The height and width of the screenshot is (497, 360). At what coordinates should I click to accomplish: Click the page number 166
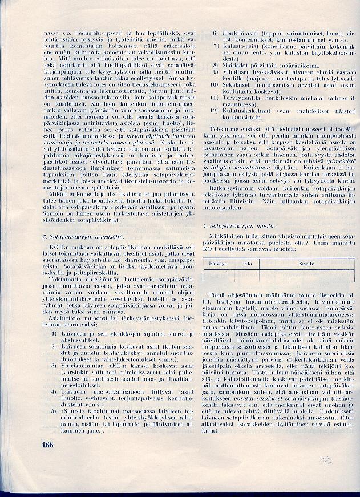50,445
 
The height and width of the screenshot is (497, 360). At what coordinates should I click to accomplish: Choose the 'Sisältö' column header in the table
299,264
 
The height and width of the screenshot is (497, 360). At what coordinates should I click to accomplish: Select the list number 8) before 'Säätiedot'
216,65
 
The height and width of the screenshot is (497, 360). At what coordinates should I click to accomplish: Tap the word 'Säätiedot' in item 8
235,65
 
